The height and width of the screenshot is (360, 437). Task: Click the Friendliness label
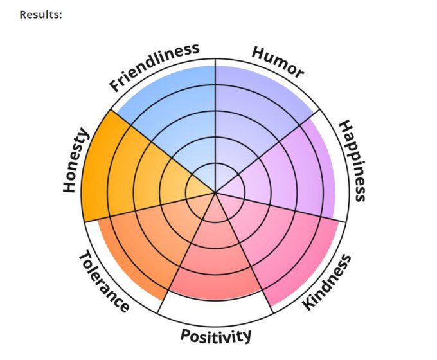[154, 67]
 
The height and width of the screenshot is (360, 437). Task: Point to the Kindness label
[327, 282]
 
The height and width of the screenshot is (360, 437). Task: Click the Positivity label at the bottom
[215, 335]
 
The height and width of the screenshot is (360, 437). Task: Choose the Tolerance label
[103, 281]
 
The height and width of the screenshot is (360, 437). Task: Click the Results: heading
[40, 14]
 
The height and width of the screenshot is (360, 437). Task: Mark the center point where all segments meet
[215, 191]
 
